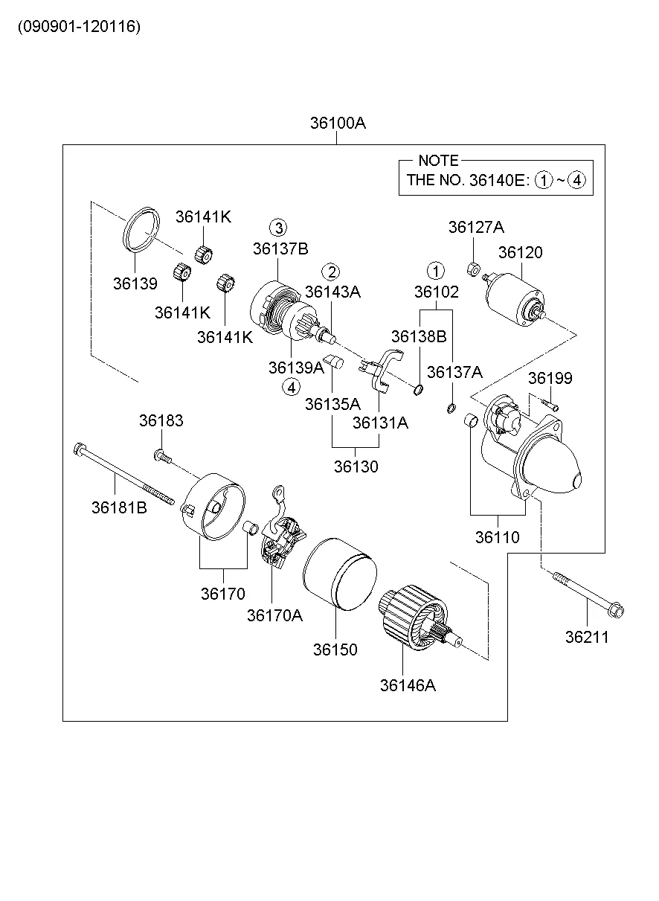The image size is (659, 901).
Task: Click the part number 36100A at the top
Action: (338, 124)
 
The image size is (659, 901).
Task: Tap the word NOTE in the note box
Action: (438, 161)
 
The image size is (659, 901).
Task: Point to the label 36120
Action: (520, 253)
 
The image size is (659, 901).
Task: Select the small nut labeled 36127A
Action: (472, 267)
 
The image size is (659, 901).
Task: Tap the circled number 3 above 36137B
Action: (277, 228)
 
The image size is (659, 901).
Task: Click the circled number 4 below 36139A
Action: (292, 386)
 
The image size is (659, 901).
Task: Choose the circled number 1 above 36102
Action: (435, 270)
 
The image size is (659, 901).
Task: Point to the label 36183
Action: (161, 421)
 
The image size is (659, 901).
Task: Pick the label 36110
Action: (498, 537)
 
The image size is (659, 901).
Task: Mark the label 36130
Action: (356, 467)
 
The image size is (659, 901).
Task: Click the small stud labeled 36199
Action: (550, 404)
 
